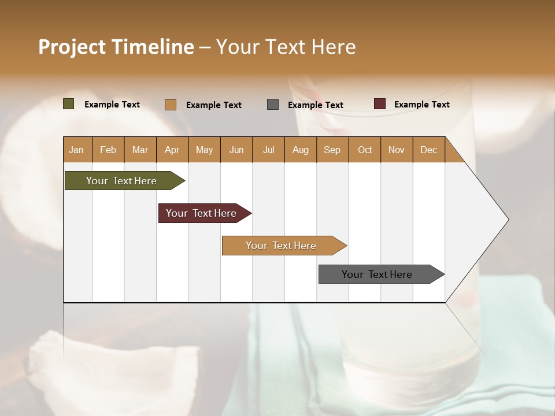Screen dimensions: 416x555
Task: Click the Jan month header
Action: [76, 150]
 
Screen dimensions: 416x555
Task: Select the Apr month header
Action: [172, 150]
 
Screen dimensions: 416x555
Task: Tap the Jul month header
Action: [268, 150]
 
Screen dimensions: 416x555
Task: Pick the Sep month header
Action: [332, 150]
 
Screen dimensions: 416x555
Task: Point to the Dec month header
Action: [428, 150]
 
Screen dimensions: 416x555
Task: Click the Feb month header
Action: [108, 150]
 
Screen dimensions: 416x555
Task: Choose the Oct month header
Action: [365, 150]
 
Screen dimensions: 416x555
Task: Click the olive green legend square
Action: [69, 104]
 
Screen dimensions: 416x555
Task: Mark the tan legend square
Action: [171, 105]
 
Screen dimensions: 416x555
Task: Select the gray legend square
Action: [273, 104]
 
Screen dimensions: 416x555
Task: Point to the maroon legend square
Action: [380, 104]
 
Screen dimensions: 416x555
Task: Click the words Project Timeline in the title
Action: [116, 47]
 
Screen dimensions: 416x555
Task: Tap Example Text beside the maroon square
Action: [421, 105]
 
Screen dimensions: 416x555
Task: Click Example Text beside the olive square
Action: [112, 105]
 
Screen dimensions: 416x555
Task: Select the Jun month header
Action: [236, 150]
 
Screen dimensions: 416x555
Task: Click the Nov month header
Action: [397, 150]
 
